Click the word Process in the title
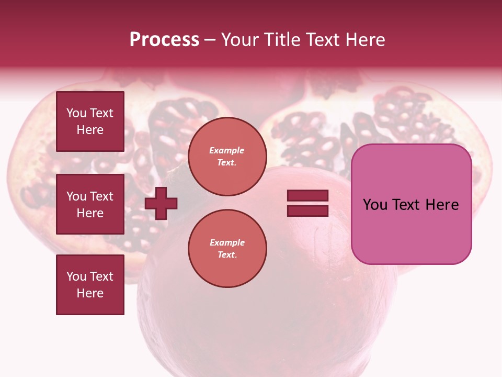pyautogui.click(x=164, y=40)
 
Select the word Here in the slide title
pyautogui.click(x=364, y=40)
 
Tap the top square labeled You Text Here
pyautogui.click(x=90, y=121)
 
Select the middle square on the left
pyautogui.click(x=90, y=204)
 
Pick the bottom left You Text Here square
pyautogui.click(x=90, y=285)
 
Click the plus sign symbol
pyautogui.click(x=161, y=203)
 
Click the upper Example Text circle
pyautogui.click(x=227, y=157)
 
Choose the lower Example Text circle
pyautogui.click(x=227, y=249)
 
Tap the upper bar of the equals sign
pyautogui.click(x=307, y=195)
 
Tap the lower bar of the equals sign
pyautogui.click(x=307, y=211)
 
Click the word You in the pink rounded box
pyautogui.click(x=374, y=205)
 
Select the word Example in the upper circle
pyautogui.click(x=226, y=150)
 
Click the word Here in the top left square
pyautogui.click(x=90, y=130)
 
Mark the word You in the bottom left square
pyautogui.click(x=76, y=276)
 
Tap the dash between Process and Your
pyautogui.click(x=210, y=40)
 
